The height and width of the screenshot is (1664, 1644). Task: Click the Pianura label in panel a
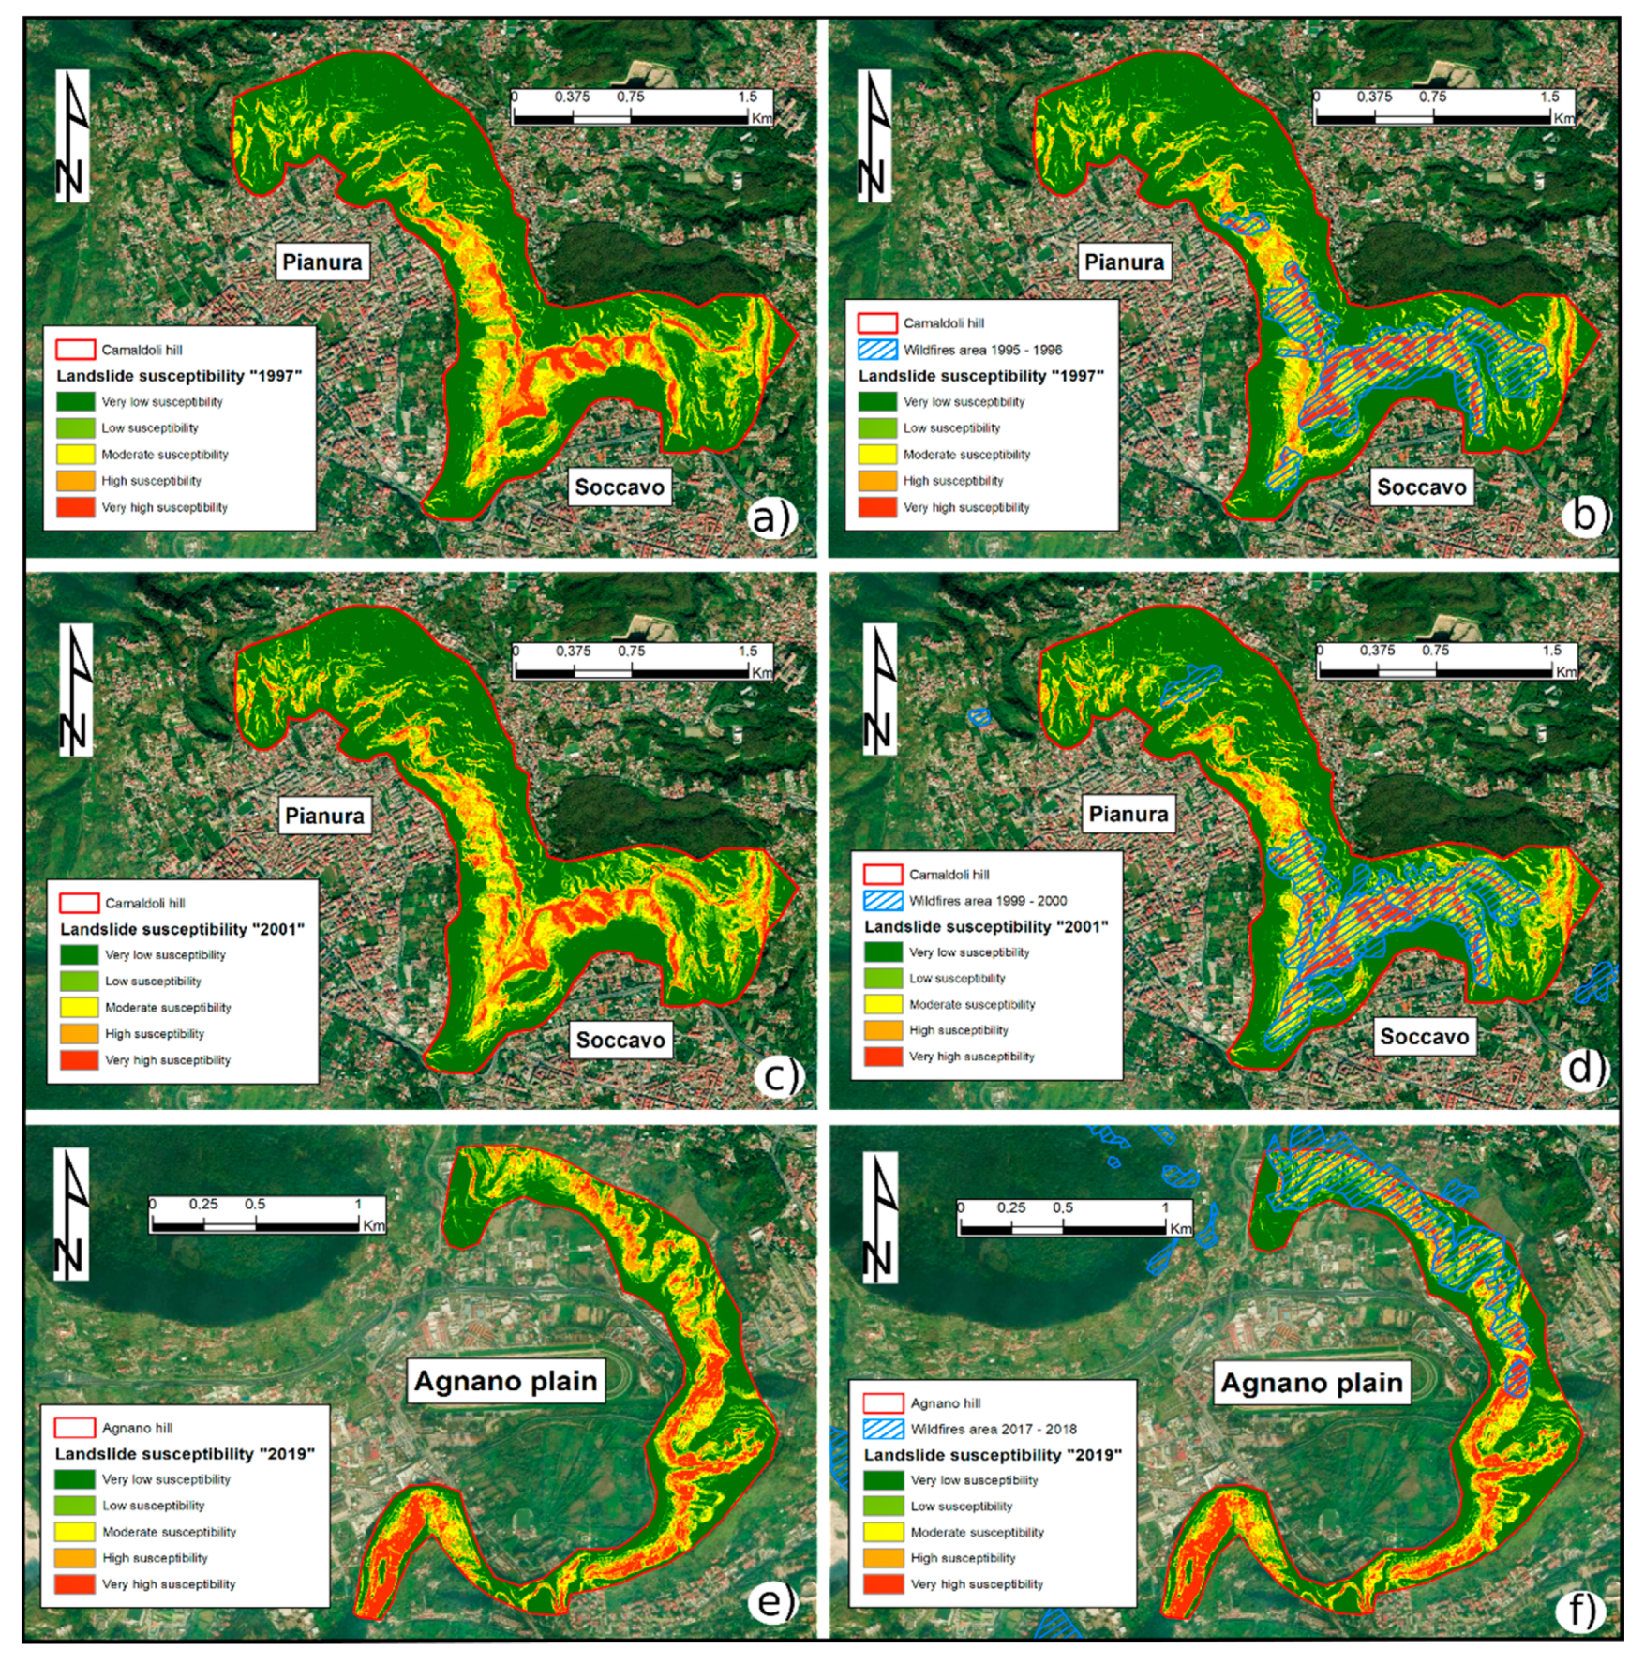point(321,262)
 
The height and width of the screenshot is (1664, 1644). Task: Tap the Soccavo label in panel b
point(1421,487)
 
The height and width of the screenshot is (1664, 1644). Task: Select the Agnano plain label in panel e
point(505,1381)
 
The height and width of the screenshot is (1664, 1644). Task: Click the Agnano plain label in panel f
point(1311,1383)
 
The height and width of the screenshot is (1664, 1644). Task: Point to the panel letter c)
point(779,1075)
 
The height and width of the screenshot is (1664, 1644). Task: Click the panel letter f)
point(1581,1610)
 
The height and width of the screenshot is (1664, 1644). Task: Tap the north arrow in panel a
point(73,136)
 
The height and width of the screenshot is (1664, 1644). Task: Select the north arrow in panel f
point(879,1217)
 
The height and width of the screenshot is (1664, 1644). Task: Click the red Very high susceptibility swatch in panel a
point(76,507)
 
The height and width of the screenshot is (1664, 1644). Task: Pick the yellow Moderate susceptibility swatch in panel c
point(79,1007)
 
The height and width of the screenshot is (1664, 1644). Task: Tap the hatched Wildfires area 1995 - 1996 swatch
point(877,350)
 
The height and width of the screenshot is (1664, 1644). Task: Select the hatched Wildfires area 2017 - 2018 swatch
point(882,1429)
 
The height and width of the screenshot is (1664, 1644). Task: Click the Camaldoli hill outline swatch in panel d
point(882,874)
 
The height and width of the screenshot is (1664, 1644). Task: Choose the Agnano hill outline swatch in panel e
point(75,1428)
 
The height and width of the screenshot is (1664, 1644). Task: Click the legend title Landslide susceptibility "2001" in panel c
point(182,929)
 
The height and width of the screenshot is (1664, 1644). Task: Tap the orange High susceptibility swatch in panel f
point(882,1558)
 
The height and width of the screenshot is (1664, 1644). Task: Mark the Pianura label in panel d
point(1128,814)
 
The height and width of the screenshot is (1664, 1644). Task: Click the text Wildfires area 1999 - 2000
point(987,900)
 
